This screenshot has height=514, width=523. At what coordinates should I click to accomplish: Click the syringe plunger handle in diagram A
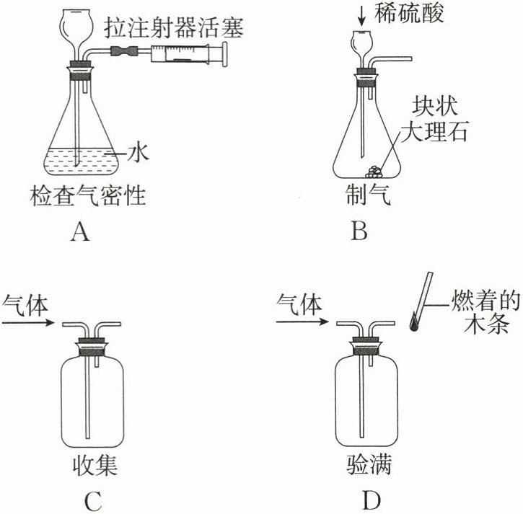point(225,54)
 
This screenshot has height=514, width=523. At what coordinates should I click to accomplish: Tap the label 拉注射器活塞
point(173,28)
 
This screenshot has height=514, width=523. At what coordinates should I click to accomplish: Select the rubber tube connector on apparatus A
point(124,50)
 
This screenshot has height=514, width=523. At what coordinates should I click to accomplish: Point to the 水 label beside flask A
point(138,153)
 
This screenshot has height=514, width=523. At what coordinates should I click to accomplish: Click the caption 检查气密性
point(88,195)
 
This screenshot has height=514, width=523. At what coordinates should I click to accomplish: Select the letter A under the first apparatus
point(80,231)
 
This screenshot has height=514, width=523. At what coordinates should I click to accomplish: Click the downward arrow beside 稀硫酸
point(362,16)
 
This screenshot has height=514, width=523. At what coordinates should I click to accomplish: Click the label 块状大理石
point(434,120)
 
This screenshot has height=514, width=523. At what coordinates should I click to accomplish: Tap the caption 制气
point(368,195)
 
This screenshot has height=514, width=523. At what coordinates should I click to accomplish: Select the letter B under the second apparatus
point(359,231)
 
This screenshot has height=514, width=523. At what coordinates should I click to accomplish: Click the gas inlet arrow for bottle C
point(28,322)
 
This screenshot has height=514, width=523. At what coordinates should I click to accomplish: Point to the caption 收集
point(95,465)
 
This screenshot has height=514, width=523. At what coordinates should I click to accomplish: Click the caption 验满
point(369,465)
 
